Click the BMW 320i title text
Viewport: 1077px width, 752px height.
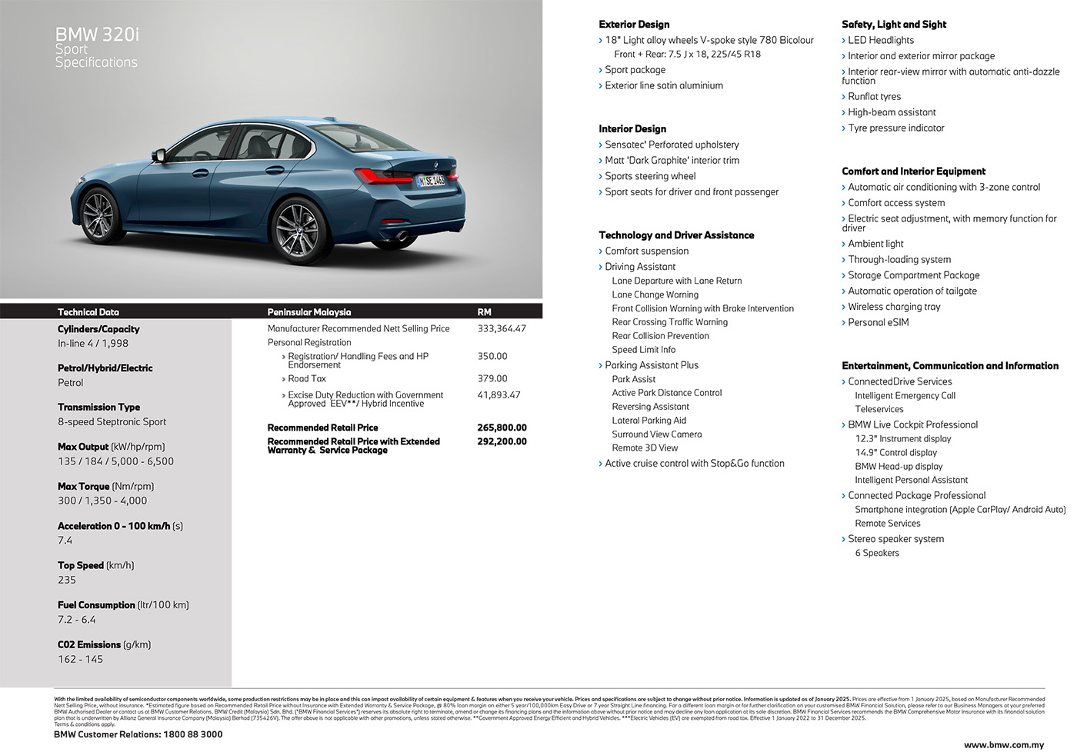coord(97,35)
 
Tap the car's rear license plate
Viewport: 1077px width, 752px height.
coord(431,181)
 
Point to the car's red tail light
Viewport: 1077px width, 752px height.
coord(382,175)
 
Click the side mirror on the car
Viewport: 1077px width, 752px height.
coord(160,155)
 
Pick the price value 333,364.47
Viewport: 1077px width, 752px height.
coord(502,328)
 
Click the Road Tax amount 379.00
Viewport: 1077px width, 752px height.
coord(492,378)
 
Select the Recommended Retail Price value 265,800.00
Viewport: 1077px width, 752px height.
coord(502,428)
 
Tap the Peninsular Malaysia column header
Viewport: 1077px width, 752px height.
coord(309,312)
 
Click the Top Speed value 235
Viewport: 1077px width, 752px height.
coord(67,580)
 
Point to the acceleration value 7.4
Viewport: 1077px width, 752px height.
coord(65,541)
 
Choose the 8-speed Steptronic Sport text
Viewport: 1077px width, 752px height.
coord(112,421)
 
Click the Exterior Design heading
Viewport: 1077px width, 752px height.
coord(634,25)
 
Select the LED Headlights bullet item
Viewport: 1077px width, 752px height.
coord(881,40)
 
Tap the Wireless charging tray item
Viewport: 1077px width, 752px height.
coord(894,307)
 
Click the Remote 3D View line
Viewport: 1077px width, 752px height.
coord(645,448)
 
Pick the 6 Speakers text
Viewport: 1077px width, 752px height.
coord(877,553)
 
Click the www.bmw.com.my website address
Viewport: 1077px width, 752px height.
coord(1004,744)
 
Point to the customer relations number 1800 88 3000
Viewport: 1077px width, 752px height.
coord(192,734)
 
